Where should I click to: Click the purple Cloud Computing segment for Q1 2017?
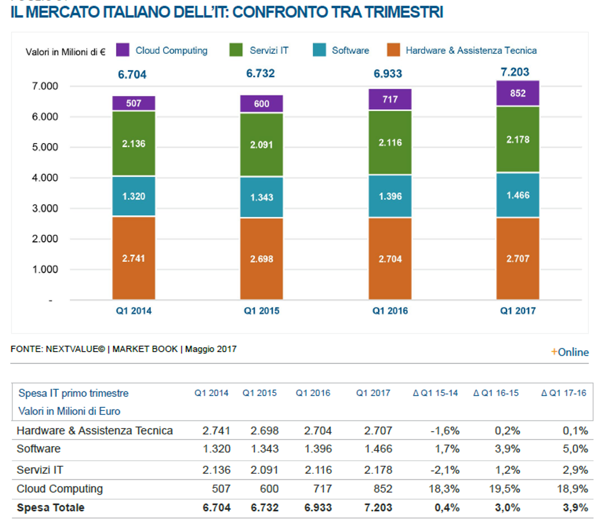click(x=518, y=93)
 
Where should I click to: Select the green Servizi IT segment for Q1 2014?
click(x=133, y=144)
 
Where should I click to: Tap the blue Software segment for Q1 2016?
click(x=390, y=196)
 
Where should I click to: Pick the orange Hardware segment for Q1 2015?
click(x=261, y=259)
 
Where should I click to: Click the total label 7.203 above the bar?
click(x=515, y=72)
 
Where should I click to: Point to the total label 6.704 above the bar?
click(x=132, y=75)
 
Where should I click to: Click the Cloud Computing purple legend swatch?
click(x=122, y=50)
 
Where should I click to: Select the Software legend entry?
click(x=350, y=50)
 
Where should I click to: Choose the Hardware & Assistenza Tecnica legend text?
click(x=471, y=50)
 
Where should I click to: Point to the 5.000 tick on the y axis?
click(x=45, y=147)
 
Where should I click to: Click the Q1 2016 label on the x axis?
click(x=390, y=311)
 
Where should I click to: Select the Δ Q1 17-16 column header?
click(x=563, y=393)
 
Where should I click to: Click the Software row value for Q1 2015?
click(x=264, y=449)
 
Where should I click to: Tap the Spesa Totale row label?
click(x=50, y=507)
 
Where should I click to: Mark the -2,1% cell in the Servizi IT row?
click(x=444, y=470)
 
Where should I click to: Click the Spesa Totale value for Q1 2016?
click(x=318, y=507)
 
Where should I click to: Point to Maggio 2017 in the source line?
click(x=211, y=349)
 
